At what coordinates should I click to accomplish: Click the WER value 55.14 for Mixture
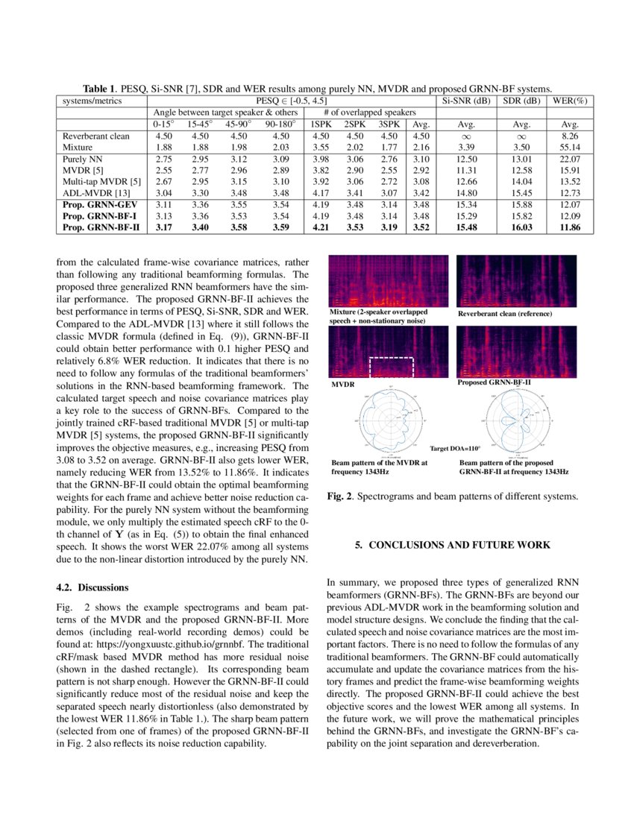(571, 148)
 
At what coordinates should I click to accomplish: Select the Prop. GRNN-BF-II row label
(101, 227)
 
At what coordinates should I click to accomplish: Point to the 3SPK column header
(389, 124)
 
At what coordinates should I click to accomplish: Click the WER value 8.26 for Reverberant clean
(571, 136)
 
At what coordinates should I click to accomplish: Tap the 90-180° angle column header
(280, 124)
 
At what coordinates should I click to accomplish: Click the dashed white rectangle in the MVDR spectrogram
(391, 368)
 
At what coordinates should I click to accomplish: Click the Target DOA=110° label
(456, 449)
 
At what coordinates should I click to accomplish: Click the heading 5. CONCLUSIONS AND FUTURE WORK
(452, 545)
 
